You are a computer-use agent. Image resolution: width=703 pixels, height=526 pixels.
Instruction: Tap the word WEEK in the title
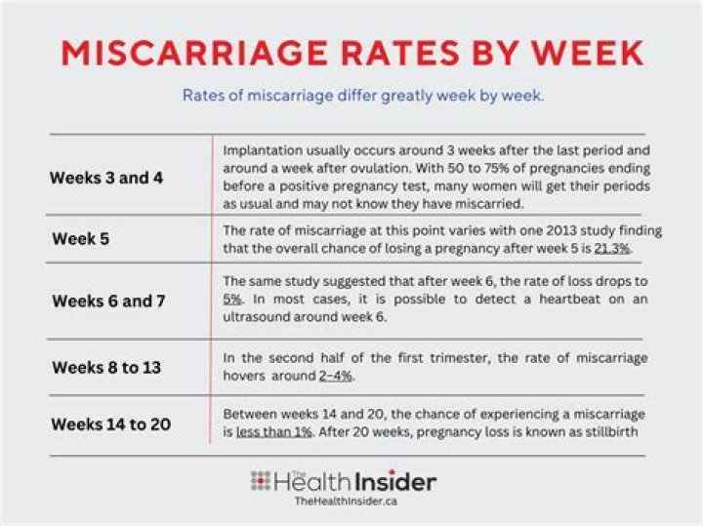[581, 53]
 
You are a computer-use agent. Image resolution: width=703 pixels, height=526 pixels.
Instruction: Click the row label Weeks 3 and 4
[107, 179]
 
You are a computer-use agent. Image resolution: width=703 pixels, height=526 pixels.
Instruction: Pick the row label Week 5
[81, 238]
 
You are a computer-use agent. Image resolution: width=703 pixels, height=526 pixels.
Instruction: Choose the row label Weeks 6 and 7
[107, 301]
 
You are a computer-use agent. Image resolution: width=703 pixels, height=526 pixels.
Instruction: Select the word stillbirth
[614, 431]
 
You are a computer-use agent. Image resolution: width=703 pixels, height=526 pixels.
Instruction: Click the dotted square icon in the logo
[260, 481]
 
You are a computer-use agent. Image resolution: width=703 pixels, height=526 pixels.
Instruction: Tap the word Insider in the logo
[395, 482]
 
